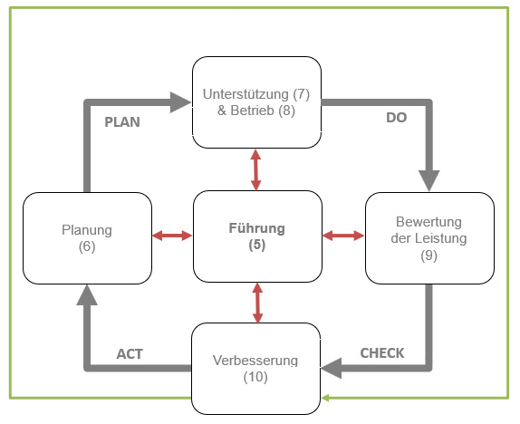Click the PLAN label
coord(122,122)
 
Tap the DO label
coord(396,118)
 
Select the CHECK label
coord(382,353)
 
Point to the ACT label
coord(130,354)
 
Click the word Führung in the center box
coord(257,228)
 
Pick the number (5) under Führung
coord(257,245)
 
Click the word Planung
coord(87,230)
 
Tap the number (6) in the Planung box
coord(87,246)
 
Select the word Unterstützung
coord(246,94)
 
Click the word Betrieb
coord(253,111)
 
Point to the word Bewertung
coord(429,222)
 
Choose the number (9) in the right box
coord(429,255)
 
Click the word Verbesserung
coord(255,361)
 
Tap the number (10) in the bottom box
coord(255,377)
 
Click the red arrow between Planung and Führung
coord(172,236)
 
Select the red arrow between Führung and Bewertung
coord(343,236)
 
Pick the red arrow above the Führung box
coord(255,169)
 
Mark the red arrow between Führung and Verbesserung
coord(257,303)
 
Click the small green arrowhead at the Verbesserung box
coord(325,398)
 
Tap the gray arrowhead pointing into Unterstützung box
coord(181,102)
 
